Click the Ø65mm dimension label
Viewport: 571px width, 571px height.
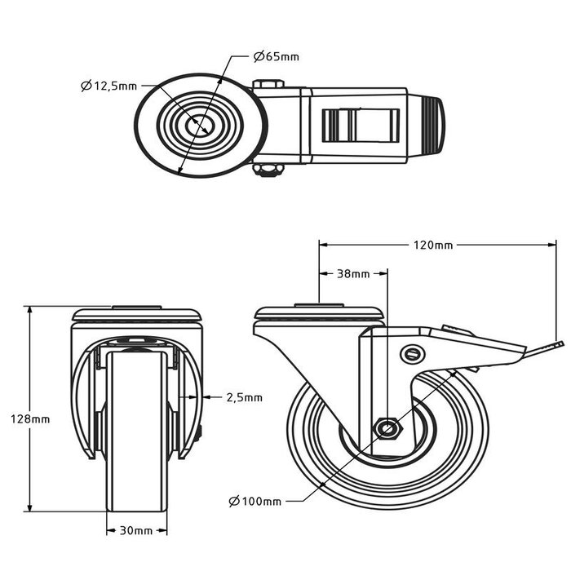[x=276, y=56]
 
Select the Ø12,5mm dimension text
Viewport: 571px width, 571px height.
[x=108, y=86]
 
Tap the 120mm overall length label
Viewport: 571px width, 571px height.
[x=432, y=244]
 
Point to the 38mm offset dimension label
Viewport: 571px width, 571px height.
[x=352, y=274]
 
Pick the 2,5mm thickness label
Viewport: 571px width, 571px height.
[x=243, y=397]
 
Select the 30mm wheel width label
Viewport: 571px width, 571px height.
[x=136, y=530]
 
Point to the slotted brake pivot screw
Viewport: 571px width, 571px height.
[x=413, y=353]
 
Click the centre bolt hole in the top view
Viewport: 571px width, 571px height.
[x=199, y=126]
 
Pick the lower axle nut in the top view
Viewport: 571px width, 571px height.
[x=268, y=169]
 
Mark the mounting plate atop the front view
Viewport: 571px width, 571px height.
[x=136, y=314]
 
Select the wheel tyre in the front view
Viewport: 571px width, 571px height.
[x=136, y=432]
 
